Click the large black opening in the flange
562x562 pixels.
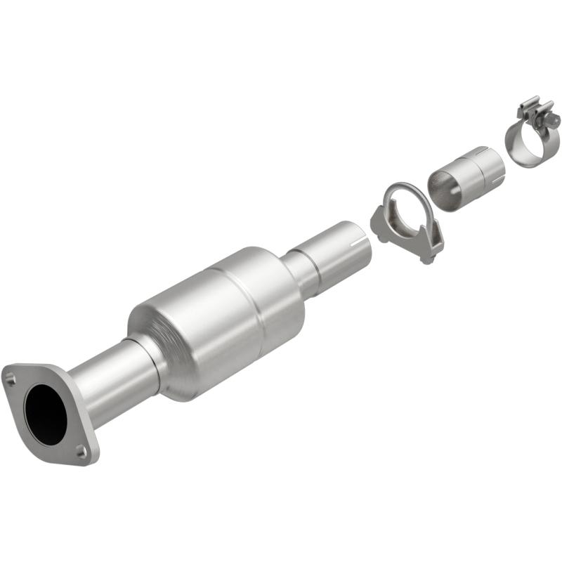coord(46,414)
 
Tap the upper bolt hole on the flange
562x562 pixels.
coord(11,379)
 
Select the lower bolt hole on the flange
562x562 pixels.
coord(81,451)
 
